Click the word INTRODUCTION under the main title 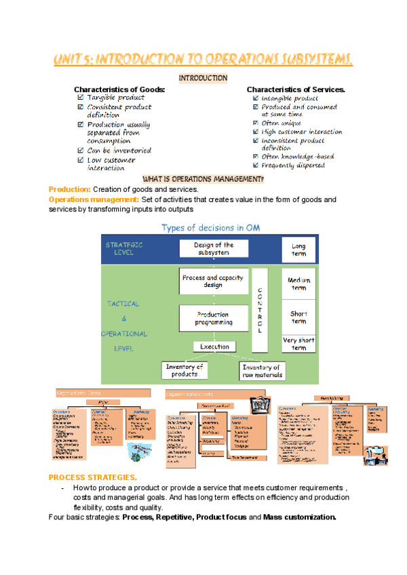click(x=203, y=79)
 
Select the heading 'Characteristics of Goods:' click(x=119, y=90)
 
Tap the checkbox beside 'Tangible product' click(x=81, y=98)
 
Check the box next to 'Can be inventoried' click(x=81, y=151)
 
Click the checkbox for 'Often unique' click(x=255, y=123)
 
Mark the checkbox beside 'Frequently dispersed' click(x=255, y=165)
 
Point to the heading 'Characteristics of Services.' click(x=296, y=90)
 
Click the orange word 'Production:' click(x=69, y=189)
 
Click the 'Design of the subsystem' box click(x=214, y=248)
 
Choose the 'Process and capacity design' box click(x=213, y=281)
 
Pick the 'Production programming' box click(x=213, y=318)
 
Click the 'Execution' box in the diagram click(x=214, y=346)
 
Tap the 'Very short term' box click(x=299, y=343)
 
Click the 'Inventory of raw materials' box click(x=262, y=371)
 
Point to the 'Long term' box click(x=298, y=250)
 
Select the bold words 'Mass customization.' click(x=299, y=517)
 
